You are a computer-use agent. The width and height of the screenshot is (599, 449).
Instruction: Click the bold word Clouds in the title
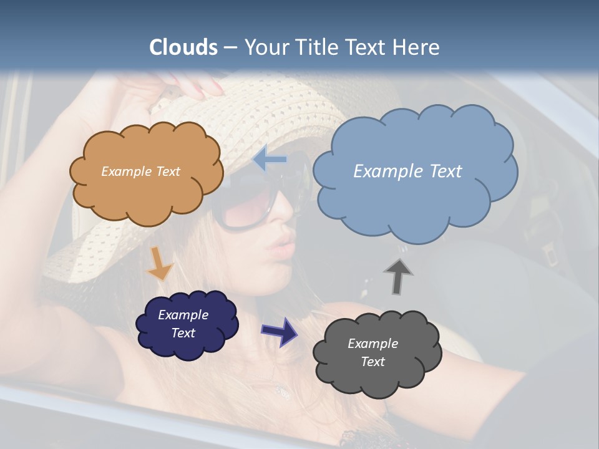pyautogui.click(x=183, y=47)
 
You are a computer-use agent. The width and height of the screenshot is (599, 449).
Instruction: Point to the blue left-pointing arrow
pyautogui.click(x=270, y=160)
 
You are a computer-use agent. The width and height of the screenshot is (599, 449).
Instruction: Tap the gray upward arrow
pyautogui.click(x=397, y=276)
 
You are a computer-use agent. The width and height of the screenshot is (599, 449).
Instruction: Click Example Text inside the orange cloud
pyautogui.click(x=140, y=171)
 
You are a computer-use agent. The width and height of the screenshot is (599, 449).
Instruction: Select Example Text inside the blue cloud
pyautogui.click(x=407, y=171)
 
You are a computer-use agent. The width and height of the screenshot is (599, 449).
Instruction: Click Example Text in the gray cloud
pyautogui.click(x=373, y=353)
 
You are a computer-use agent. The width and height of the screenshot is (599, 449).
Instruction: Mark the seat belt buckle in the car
pyautogui.click(x=550, y=253)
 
